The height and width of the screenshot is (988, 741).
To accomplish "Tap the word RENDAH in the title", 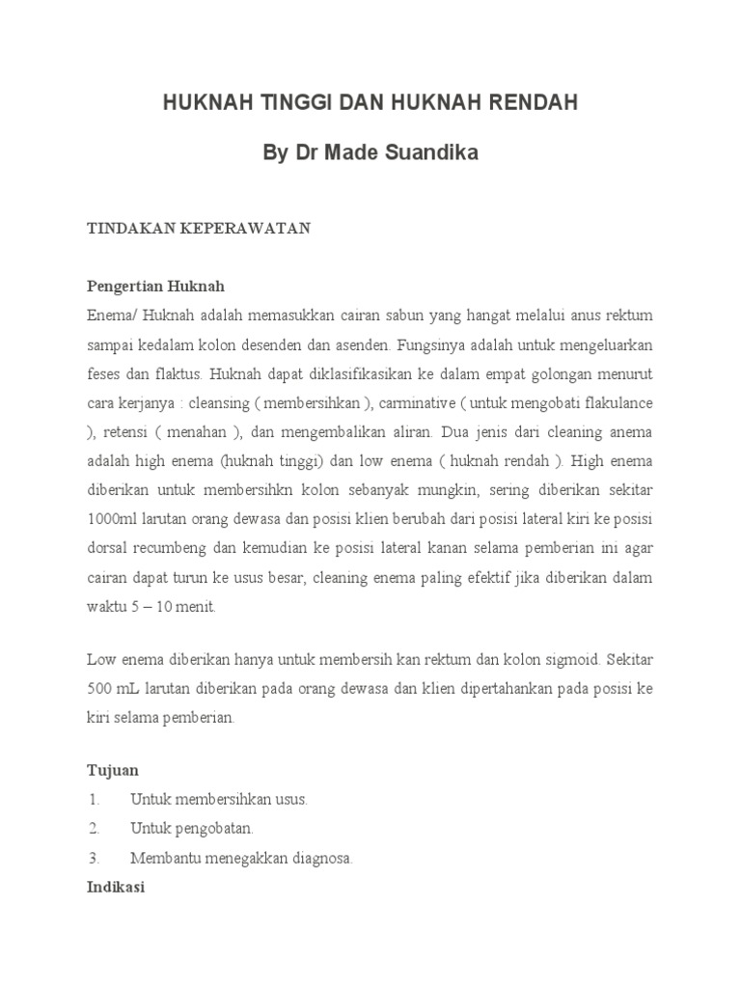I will [x=531, y=103].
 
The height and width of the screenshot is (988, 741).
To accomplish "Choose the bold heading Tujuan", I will [x=113, y=770].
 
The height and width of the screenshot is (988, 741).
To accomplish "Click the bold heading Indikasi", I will [x=116, y=887].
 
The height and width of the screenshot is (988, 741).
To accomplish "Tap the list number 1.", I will [x=94, y=800].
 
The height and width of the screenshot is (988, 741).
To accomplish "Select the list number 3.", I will [x=94, y=858].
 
